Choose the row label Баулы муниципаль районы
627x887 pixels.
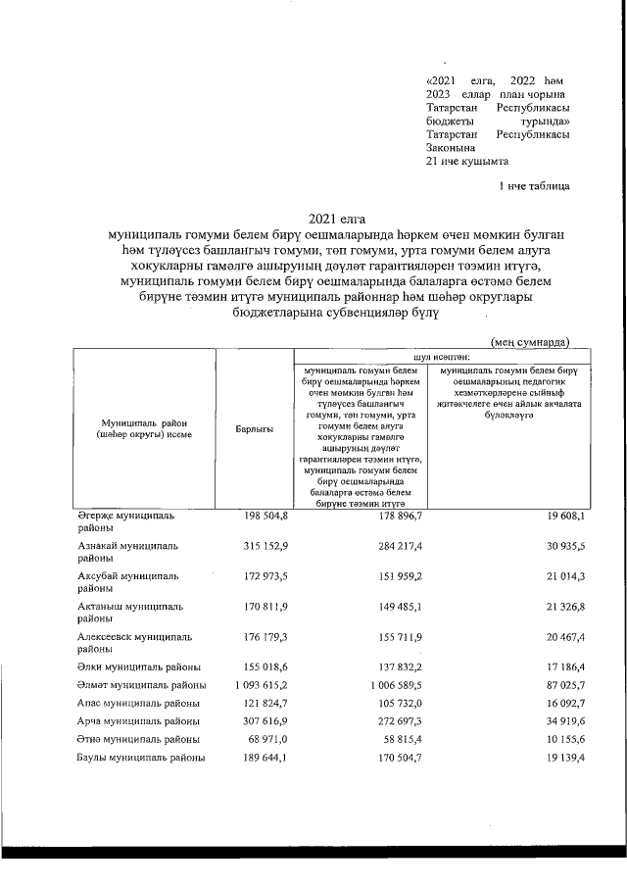[x=141, y=758]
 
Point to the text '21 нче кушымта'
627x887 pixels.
[x=467, y=162]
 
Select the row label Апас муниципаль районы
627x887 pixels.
[x=139, y=703]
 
